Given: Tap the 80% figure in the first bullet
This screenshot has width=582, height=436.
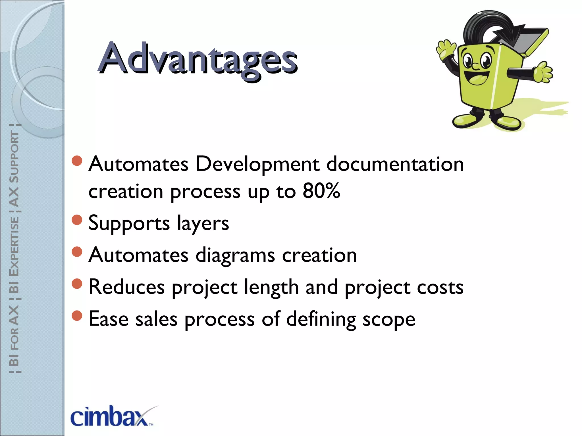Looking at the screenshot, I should [x=321, y=191].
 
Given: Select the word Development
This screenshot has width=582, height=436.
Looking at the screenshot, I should [x=257, y=165].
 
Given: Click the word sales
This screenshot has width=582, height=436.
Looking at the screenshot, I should [x=156, y=319].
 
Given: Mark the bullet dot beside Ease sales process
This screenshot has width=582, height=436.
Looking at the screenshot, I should [x=77, y=315].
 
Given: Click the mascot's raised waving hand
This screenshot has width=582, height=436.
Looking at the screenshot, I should [x=446, y=50].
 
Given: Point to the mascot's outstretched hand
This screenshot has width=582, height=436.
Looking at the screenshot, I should [x=541, y=72].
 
